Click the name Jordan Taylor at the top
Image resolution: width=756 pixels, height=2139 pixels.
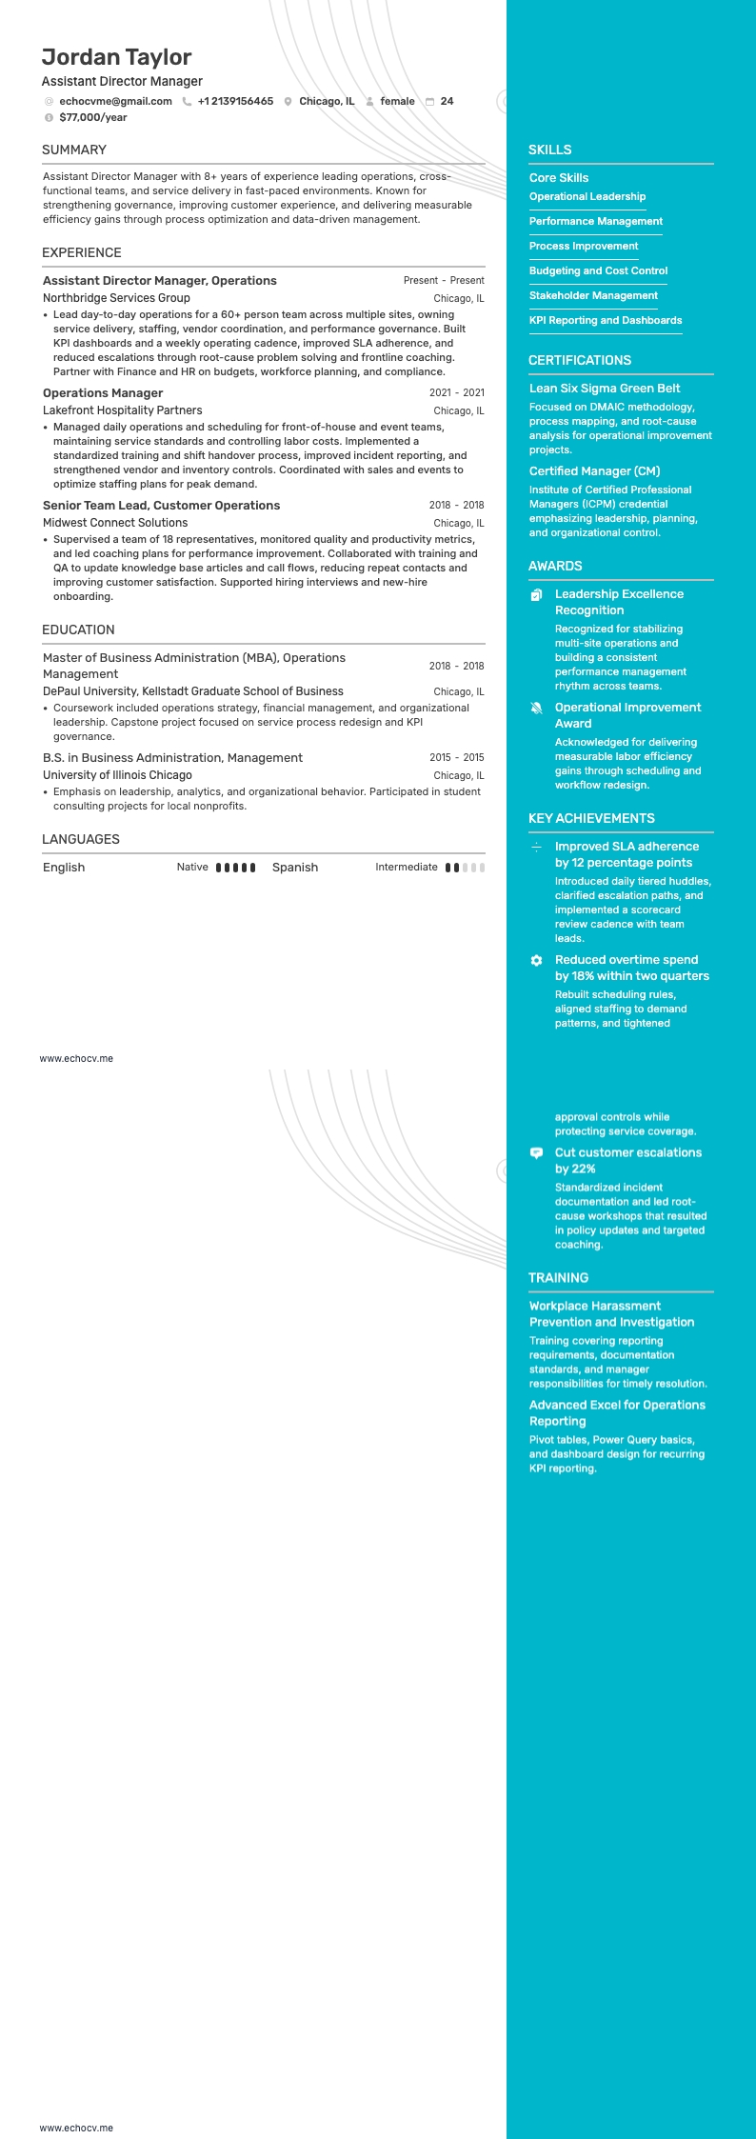tap(116, 58)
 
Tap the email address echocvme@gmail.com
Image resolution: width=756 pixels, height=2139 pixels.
tap(115, 101)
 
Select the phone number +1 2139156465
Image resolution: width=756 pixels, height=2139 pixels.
tap(235, 101)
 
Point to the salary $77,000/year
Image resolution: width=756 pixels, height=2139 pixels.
tap(92, 118)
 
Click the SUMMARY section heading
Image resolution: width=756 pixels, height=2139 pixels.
tap(74, 150)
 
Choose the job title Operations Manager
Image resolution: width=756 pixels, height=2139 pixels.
tap(103, 393)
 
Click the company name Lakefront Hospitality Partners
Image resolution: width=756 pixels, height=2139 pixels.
tap(122, 410)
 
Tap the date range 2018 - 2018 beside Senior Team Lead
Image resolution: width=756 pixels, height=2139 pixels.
tap(456, 506)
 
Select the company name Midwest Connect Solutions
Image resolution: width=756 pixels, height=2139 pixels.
tap(115, 523)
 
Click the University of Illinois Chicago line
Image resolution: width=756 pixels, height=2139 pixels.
tap(117, 775)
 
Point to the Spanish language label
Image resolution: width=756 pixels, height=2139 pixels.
tap(295, 868)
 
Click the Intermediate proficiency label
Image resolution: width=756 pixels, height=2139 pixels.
tap(407, 868)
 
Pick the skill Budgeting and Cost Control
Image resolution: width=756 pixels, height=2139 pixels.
tap(598, 271)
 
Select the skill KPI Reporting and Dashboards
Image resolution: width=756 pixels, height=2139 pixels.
tap(606, 321)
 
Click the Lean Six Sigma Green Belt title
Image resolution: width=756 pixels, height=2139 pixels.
tap(605, 389)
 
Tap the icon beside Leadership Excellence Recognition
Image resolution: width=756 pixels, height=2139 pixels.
tap(536, 595)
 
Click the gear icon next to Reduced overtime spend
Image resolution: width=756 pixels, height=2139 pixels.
tap(536, 961)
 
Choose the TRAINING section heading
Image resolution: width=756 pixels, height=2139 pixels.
tap(558, 1278)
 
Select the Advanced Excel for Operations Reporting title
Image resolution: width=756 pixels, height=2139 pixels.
tap(617, 1413)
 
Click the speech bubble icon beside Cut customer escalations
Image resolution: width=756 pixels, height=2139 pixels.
tap(536, 1153)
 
